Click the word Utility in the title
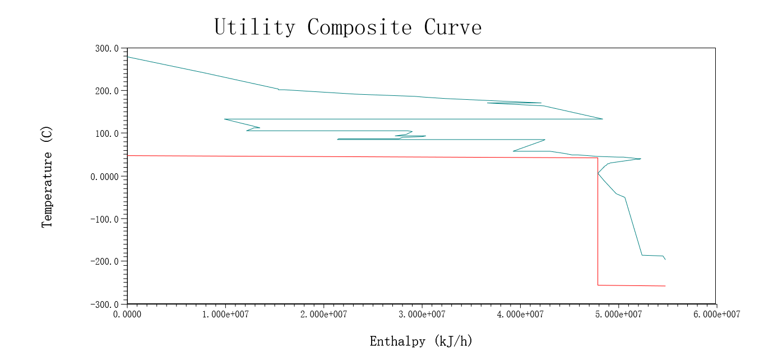click(x=254, y=27)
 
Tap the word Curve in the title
click(x=453, y=27)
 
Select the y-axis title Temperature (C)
click(x=47, y=176)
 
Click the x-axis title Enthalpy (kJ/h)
click(x=421, y=340)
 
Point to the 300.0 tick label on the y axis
click(x=107, y=49)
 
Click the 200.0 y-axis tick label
click(x=107, y=91)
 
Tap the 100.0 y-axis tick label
click(x=107, y=133)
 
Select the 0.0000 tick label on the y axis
click(x=104, y=177)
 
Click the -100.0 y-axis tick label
click(x=104, y=219)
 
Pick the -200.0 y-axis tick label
click(x=104, y=261)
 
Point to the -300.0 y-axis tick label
click(x=104, y=304)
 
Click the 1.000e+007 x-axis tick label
click(x=225, y=315)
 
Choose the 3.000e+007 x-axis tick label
click(x=422, y=315)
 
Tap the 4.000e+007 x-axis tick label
click(x=520, y=315)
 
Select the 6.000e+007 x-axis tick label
click(x=716, y=315)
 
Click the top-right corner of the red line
click(x=598, y=158)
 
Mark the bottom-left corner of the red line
click(x=598, y=285)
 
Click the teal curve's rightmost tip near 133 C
click(x=602, y=119)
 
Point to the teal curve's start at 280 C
click(x=128, y=57)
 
